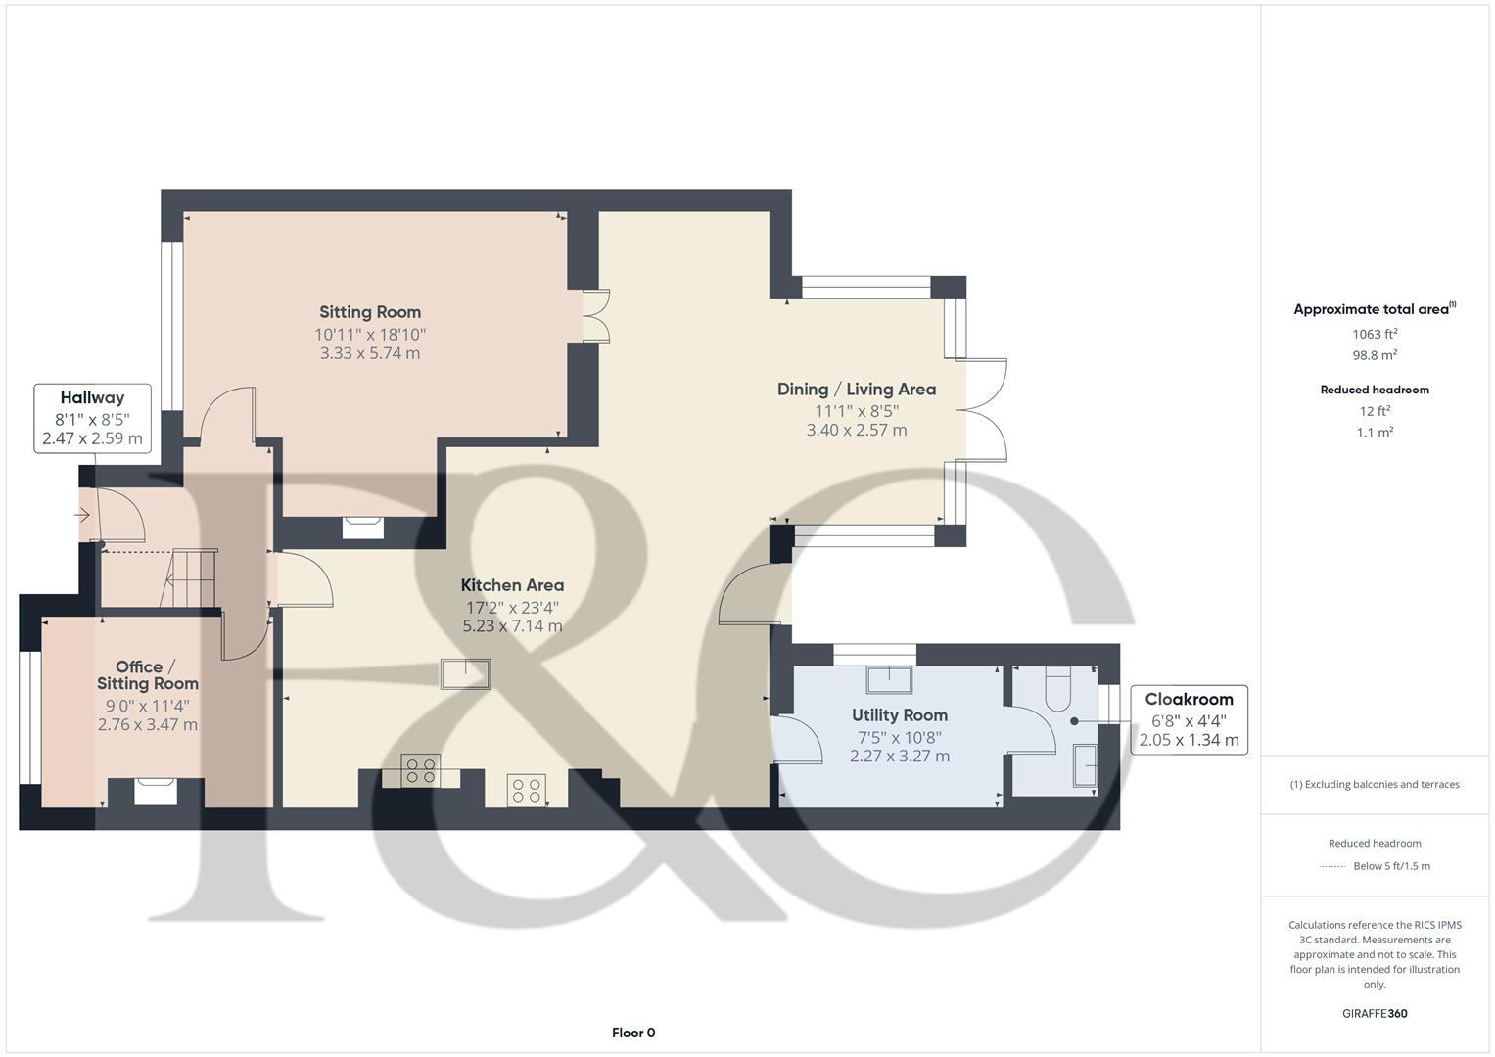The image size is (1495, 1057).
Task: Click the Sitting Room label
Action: [369, 312]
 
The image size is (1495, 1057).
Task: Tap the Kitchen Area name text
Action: [512, 585]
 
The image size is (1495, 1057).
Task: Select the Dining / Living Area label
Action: [856, 389]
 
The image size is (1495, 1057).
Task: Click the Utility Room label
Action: [899, 714]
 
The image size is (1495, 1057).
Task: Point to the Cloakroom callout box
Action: [1189, 719]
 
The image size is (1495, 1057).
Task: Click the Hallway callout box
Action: [92, 418]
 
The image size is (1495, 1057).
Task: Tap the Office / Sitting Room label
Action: [147, 675]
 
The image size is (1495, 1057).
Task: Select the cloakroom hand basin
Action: [1085, 765]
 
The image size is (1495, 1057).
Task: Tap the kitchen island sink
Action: [465, 674]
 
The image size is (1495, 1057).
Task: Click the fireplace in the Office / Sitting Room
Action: [156, 790]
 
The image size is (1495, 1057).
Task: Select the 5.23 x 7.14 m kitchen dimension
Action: [512, 626]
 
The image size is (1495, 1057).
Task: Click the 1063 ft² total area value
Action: [1374, 334]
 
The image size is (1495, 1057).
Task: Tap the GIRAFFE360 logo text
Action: [1374, 1013]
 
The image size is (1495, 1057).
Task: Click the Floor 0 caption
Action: [633, 1033]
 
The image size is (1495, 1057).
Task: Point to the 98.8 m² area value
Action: [1374, 355]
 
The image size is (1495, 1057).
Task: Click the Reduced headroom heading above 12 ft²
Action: [1374, 390]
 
